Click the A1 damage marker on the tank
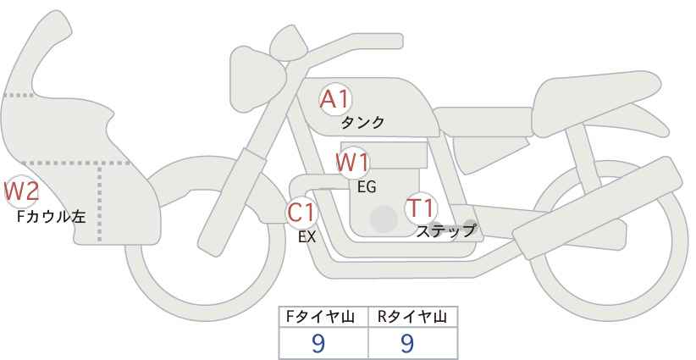pyautogui.click(x=335, y=99)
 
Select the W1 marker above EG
pyautogui.click(x=352, y=163)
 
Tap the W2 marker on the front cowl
pyautogui.click(x=21, y=191)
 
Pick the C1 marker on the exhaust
pyautogui.click(x=301, y=212)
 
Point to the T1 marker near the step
pyautogui.click(x=421, y=208)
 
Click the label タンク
pyautogui.click(x=362, y=122)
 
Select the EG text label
pyautogui.click(x=367, y=187)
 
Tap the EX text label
pyautogui.click(x=307, y=237)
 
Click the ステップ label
pyautogui.click(x=445, y=231)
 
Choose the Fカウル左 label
pyautogui.click(x=51, y=216)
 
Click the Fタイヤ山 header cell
pyautogui.click(x=323, y=317)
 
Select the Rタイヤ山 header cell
pyautogui.click(x=413, y=317)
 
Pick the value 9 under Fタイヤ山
pyautogui.click(x=318, y=343)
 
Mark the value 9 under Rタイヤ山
pyautogui.click(x=407, y=343)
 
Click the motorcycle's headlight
pyautogui.click(x=256, y=79)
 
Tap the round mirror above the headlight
pyautogui.click(x=288, y=42)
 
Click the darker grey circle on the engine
pyautogui.click(x=384, y=219)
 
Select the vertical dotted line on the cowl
pyautogui.click(x=99, y=202)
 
